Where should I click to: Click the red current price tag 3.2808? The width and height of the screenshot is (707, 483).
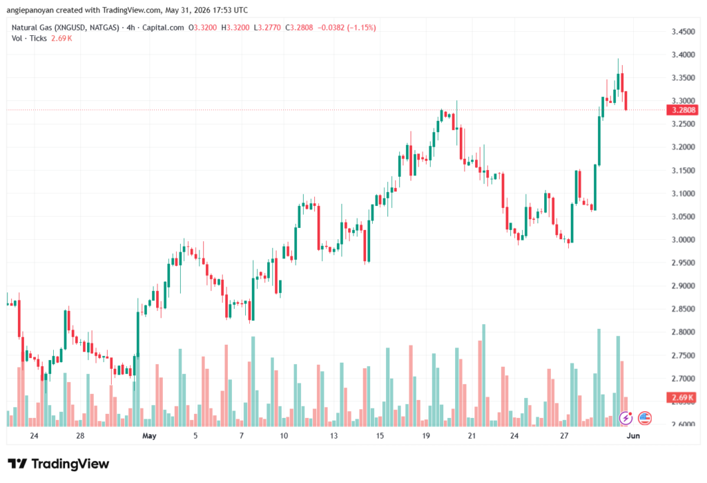[x=681, y=110]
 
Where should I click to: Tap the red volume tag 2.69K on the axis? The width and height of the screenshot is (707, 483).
[x=681, y=398]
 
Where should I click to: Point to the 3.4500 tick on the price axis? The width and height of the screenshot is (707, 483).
[x=683, y=32]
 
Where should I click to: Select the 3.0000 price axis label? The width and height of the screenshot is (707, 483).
[x=683, y=240]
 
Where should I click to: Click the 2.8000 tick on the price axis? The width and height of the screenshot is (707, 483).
[x=683, y=332]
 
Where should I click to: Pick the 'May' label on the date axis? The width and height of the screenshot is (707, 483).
[x=149, y=436]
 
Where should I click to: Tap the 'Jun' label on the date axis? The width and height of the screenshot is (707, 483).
[x=633, y=436]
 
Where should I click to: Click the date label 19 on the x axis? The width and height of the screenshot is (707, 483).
[x=425, y=436]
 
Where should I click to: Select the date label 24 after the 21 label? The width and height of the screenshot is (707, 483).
[x=514, y=436]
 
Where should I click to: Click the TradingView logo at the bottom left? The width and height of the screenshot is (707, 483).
[x=59, y=464]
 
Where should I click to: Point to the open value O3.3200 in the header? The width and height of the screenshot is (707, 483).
[x=202, y=28]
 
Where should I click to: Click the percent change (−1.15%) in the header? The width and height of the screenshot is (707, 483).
[x=360, y=28]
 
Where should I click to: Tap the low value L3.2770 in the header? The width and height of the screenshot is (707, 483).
[x=267, y=28]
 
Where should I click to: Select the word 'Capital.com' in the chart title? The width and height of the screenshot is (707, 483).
[x=163, y=28]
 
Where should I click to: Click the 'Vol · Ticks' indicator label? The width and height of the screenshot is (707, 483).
[x=29, y=39]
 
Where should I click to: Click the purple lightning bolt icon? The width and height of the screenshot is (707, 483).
[x=626, y=419]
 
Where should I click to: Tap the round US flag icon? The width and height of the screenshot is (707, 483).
[x=645, y=419]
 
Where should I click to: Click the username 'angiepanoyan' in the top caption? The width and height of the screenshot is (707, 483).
[x=30, y=10]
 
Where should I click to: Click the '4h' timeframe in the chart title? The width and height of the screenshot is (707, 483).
[x=130, y=28]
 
